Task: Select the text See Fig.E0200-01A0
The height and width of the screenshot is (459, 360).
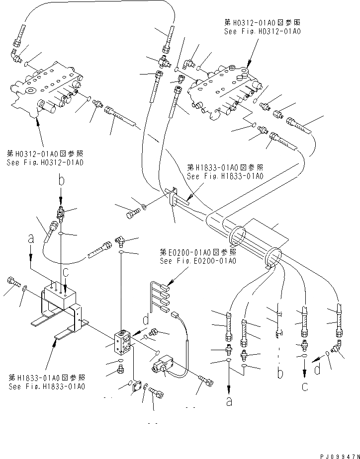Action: point(197,261)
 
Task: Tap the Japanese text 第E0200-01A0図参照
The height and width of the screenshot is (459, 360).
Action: point(197,252)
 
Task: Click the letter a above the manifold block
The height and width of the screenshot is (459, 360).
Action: point(31,239)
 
